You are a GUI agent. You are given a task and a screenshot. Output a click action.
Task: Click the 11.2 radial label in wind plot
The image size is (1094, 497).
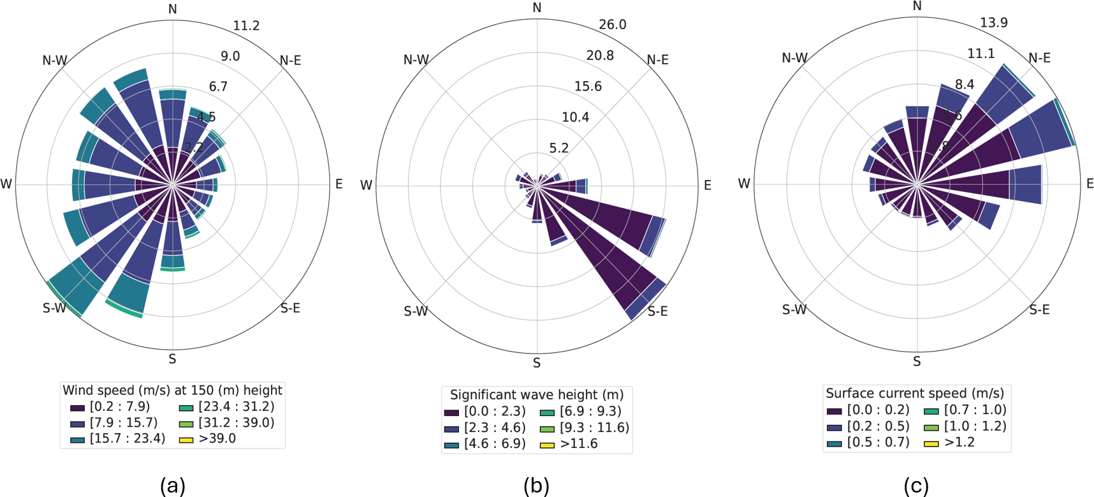point(246,26)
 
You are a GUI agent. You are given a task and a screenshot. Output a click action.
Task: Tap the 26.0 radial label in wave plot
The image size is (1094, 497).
point(612,25)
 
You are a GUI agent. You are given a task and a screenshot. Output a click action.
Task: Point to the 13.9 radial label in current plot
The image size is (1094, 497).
point(993,23)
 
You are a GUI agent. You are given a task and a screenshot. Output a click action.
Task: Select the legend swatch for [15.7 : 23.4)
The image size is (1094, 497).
point(78,440)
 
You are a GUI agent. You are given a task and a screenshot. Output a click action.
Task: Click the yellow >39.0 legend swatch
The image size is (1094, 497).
point(186,440)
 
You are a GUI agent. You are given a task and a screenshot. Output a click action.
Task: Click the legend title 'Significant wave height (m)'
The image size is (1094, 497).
point(537,395)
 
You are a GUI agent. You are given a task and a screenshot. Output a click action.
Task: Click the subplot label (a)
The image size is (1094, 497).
point(173,486)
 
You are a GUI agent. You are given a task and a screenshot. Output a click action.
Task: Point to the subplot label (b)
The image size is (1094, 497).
point(536,486)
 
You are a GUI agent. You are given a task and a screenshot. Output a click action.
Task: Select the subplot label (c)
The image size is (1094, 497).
point(916,486)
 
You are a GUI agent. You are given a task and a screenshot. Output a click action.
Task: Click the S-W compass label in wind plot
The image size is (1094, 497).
point(54,308)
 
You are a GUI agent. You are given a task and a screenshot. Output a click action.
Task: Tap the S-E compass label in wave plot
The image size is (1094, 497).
point(657,311)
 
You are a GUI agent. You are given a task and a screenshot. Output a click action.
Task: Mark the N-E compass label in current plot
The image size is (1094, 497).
point(1039,58)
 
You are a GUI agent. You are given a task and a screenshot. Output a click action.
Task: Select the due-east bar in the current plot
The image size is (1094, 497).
point(982,184)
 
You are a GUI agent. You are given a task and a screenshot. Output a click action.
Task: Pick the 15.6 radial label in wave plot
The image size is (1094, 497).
point(588,87)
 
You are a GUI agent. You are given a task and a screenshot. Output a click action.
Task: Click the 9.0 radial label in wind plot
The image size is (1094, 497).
point(230,56)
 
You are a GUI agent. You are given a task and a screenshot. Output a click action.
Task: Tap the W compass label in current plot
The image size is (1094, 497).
point(743,184)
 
